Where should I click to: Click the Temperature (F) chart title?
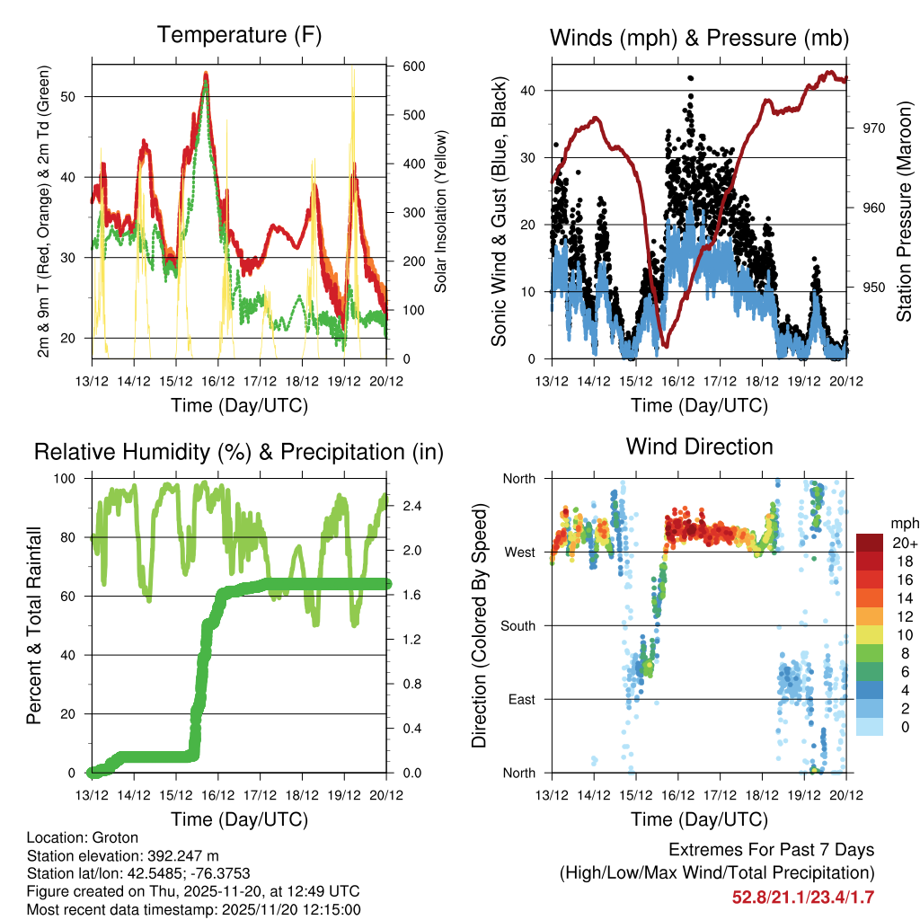coord(239,35)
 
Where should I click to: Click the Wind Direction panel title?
coord(699,447)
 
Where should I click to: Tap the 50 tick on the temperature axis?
coord(78,96)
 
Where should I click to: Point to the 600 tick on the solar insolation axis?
coord(414,67)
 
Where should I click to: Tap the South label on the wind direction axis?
coord(519,625)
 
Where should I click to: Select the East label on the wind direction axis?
coord(523,699)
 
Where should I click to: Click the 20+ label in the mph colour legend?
coord(903,543)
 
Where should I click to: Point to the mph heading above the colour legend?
coord(904,523)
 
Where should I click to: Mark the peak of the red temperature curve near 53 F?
coord(206,74)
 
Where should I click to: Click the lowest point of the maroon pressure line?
coord(664,345)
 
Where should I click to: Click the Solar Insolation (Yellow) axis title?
coord(440,212)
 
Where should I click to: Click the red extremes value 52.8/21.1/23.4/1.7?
coord(803,898)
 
